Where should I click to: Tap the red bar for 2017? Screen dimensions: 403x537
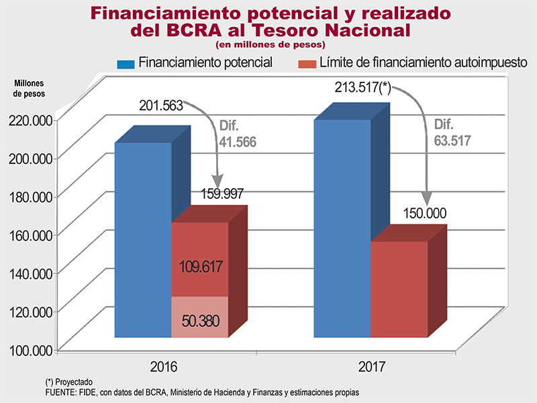(399, 289)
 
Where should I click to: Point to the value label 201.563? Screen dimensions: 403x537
(160, 105)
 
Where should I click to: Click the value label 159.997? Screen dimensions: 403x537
(222, 194)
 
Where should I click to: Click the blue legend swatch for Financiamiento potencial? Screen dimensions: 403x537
(126, 64)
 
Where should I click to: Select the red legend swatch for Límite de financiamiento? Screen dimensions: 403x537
(307, 64)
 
